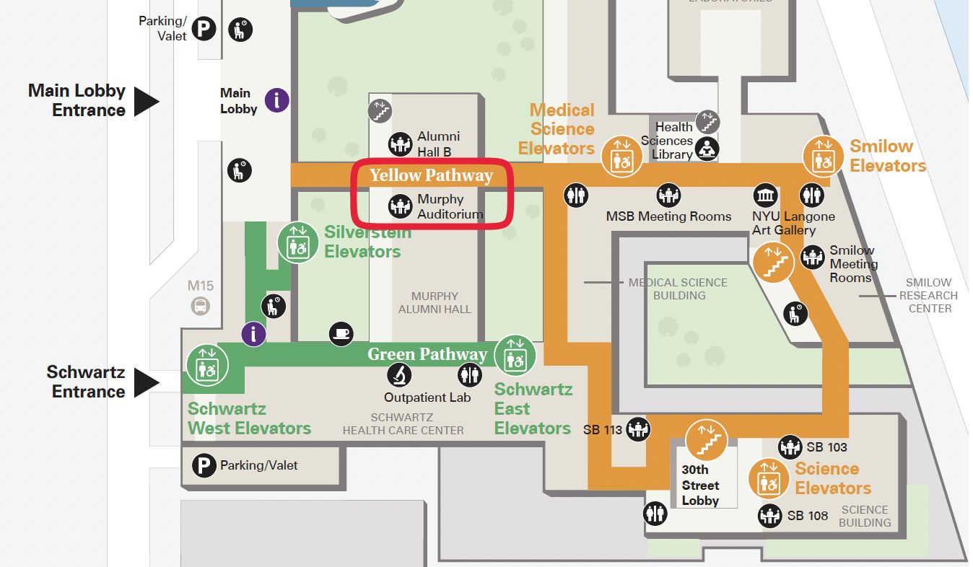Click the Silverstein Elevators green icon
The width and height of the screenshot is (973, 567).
click(298, 242)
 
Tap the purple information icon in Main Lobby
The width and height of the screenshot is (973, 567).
click(277, 100)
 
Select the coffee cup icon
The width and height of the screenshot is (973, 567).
click(341, 333)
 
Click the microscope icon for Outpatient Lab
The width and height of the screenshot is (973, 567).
click(399, 374)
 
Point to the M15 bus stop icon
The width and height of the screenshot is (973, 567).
click(200, 306)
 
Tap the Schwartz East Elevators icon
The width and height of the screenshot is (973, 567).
click(515, 355)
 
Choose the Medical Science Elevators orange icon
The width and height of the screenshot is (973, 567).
click(621, 156)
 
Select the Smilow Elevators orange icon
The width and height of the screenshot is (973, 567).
click(824, 156)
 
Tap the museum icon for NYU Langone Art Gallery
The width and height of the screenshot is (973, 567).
click(766, 195)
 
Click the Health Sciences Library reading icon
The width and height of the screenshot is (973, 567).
click(707, 149)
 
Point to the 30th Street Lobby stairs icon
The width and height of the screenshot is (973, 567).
click(706, 439)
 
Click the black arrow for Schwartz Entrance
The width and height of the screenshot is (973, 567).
click(147, 382)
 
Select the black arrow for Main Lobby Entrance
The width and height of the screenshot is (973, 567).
click(147, 101)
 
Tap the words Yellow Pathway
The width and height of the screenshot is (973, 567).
click(431, 175)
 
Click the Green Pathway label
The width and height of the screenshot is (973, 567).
click(427, 354)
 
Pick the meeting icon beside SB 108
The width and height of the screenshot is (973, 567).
click(770, 516)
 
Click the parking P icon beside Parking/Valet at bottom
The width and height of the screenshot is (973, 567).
click(204, 465)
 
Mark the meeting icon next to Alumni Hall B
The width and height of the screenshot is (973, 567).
click(400, 144)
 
